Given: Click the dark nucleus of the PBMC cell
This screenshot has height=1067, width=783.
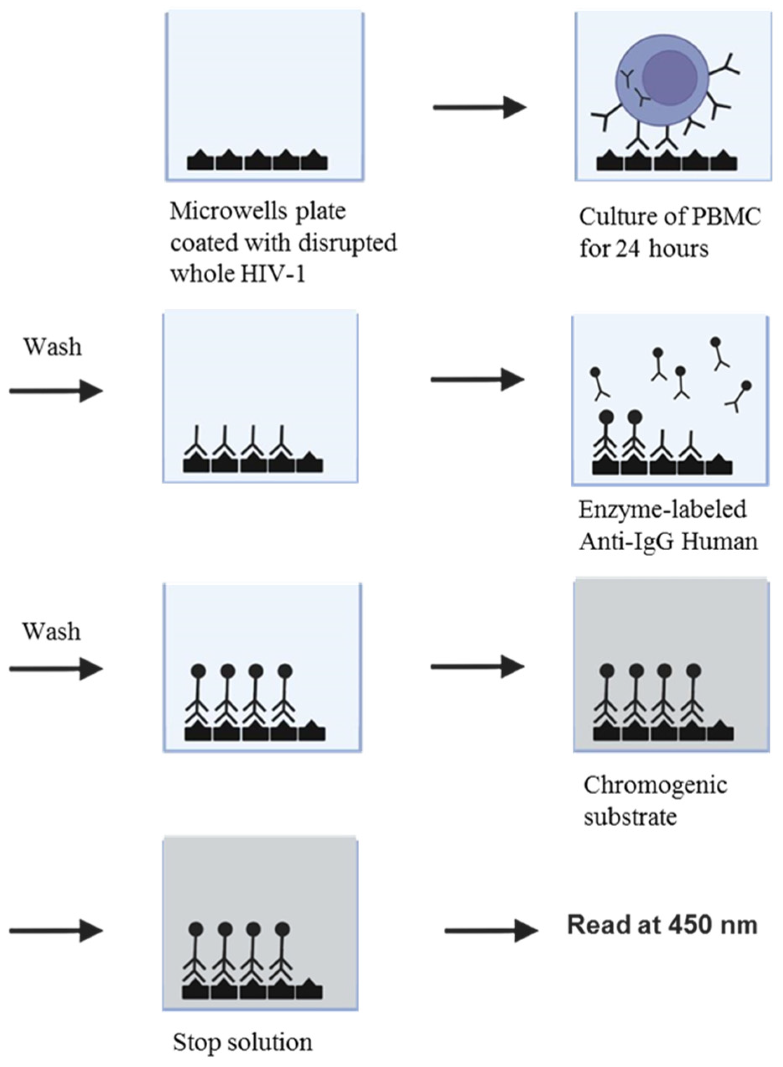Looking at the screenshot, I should [669, 76].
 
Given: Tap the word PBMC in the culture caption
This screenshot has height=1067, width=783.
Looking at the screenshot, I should [734, 217].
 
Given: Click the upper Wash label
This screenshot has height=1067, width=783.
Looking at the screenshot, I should [52, 347].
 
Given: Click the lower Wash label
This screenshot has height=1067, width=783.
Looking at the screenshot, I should [52, 631].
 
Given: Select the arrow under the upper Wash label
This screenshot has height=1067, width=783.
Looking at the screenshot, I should [56, 391].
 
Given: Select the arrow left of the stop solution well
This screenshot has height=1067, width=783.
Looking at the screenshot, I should [56, 931].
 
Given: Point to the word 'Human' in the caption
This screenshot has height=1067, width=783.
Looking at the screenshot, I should [720, 541].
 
